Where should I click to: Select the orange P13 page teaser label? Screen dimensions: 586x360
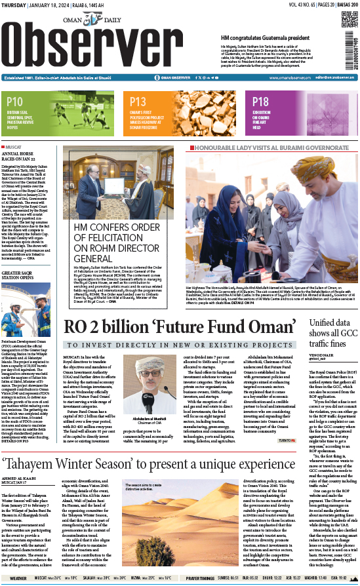point(138,102)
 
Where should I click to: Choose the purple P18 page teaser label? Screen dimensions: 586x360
point(260,102)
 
